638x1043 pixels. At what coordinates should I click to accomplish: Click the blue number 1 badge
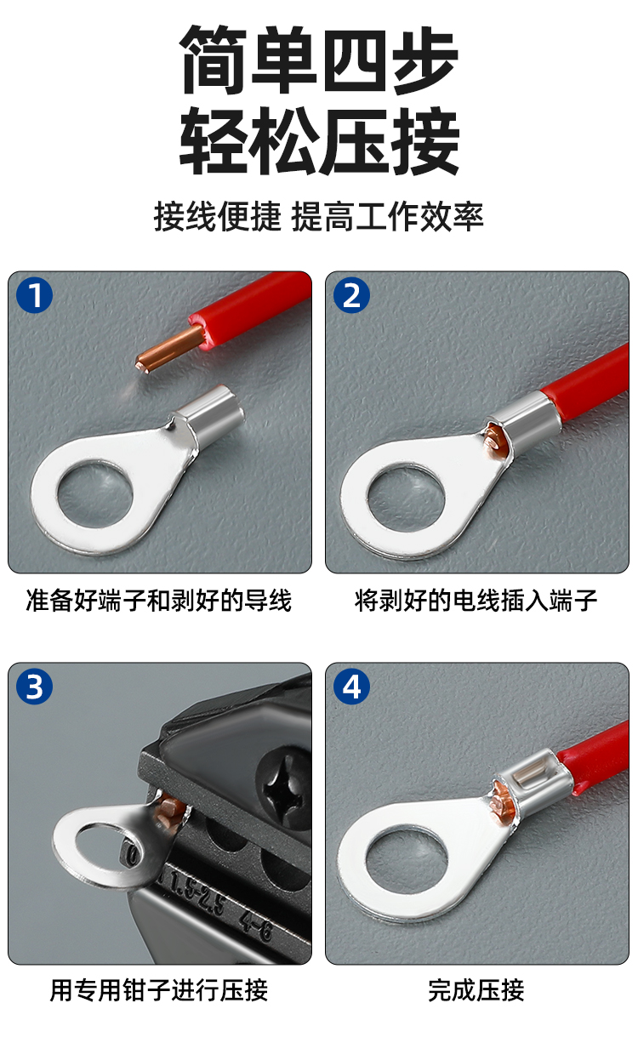point(35,295)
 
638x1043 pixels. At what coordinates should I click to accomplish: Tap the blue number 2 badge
point(351,295)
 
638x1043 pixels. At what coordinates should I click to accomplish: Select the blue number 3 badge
point(35,687)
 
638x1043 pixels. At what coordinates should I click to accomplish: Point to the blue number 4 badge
point(351,687)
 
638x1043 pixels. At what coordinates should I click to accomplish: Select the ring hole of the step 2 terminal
point(406,500)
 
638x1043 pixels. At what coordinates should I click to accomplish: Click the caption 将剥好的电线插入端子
point(476,600)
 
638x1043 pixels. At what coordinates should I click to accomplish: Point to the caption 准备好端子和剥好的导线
point(159,600)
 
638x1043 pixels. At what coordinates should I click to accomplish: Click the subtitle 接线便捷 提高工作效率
point(318,217)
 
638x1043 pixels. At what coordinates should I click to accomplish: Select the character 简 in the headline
point(214,60)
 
